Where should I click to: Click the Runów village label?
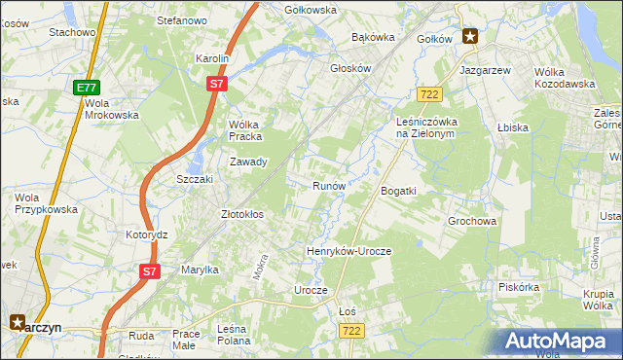click(328, 185)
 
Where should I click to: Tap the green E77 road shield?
click(86, 88)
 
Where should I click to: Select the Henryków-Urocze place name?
click(348, 251)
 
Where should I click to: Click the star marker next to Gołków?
click(471, 37)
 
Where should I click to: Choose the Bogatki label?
click(398, 191)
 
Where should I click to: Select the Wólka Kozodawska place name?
click(565, 78)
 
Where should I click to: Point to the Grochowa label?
click(473, 221)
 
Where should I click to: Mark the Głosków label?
click(351, 69)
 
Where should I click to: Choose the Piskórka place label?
click(518, 287)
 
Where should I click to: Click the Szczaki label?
click(194, 180)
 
